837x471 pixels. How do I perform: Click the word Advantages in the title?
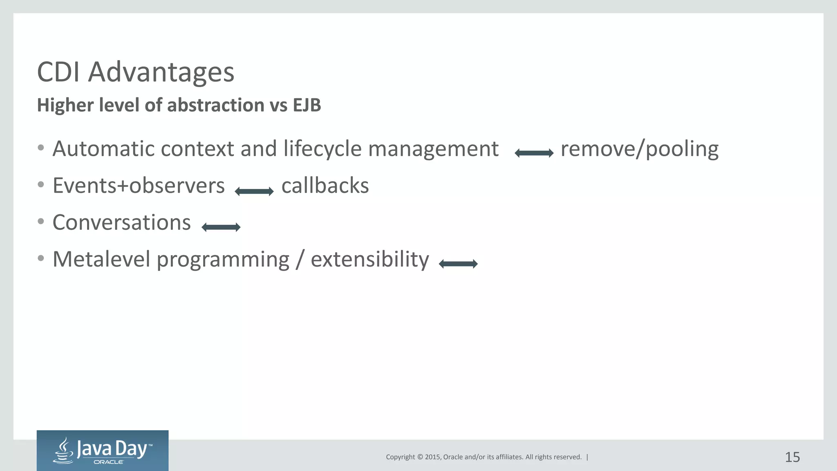tap(161, 72)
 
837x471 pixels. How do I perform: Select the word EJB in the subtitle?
tap(307, 105)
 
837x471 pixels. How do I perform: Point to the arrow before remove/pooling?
tap(534, 153)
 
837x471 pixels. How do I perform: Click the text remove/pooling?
tap(639, 149)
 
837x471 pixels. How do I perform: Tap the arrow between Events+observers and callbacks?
tap(254, 191)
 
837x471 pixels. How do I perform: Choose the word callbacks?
tap(325, 186)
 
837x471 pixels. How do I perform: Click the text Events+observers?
tap(139, 186)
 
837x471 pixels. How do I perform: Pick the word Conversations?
tap(121, 223)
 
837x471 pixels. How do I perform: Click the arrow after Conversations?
tap(221, 227)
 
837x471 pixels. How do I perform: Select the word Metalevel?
tap(101, 260)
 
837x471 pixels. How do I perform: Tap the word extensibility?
tap(369, 260)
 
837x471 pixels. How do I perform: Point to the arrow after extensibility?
tap(458, 264)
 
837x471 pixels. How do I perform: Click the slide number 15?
tap(792, 457)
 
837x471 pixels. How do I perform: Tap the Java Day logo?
tap(103, 451)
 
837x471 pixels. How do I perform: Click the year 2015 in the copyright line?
tap(432, 457)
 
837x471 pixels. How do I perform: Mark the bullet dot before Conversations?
tap(40, 222)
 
